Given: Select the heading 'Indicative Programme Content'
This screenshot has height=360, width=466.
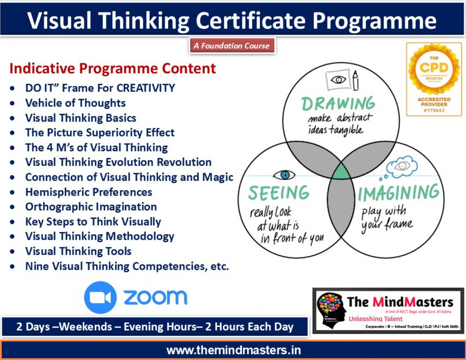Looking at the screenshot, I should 113,69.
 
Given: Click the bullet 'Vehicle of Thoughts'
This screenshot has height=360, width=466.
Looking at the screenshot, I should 75,103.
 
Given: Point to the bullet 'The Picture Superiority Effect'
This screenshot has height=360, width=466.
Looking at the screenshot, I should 100,133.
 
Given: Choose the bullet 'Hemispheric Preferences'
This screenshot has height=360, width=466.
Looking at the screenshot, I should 89,192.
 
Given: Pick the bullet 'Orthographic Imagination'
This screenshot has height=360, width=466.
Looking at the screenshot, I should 91,207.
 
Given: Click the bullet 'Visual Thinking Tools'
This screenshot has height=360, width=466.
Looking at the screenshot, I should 78,251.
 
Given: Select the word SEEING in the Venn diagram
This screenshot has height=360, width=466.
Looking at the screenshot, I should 279,193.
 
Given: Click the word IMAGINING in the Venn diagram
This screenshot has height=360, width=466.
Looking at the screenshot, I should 399,193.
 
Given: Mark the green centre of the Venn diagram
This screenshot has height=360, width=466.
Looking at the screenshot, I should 341,173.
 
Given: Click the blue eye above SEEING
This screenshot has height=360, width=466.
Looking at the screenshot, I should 283,174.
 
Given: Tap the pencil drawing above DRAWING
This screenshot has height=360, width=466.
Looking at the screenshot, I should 355,80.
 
